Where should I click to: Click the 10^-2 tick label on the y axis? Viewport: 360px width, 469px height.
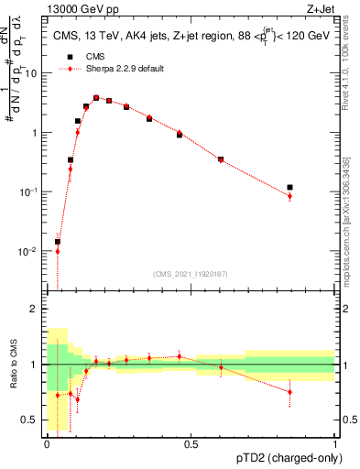pyautogui.click(x=28, y=250)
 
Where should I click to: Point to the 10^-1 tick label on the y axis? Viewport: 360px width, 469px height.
pyautogui.click(x=28, y=191)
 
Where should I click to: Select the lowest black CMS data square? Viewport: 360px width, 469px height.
pyautogui.click(x=57, y=242)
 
